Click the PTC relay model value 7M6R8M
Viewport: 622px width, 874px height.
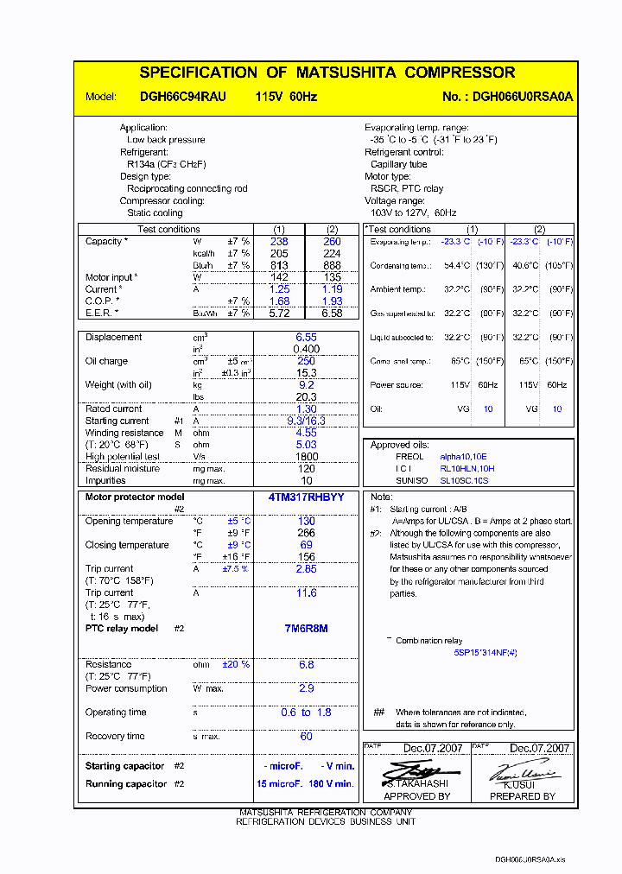305,629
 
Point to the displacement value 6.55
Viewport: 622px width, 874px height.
306,338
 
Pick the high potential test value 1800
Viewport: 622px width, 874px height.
306,457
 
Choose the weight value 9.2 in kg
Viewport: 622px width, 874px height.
306,385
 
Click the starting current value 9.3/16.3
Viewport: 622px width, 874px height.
306,421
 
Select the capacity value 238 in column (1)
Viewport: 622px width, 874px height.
279,242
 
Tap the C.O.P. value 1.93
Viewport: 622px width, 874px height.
332,301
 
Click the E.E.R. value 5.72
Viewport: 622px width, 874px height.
279,313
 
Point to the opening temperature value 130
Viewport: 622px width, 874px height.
306,522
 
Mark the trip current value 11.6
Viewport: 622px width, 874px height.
306,593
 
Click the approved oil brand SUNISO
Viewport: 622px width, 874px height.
409,480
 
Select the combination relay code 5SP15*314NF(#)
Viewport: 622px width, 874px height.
486,653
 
